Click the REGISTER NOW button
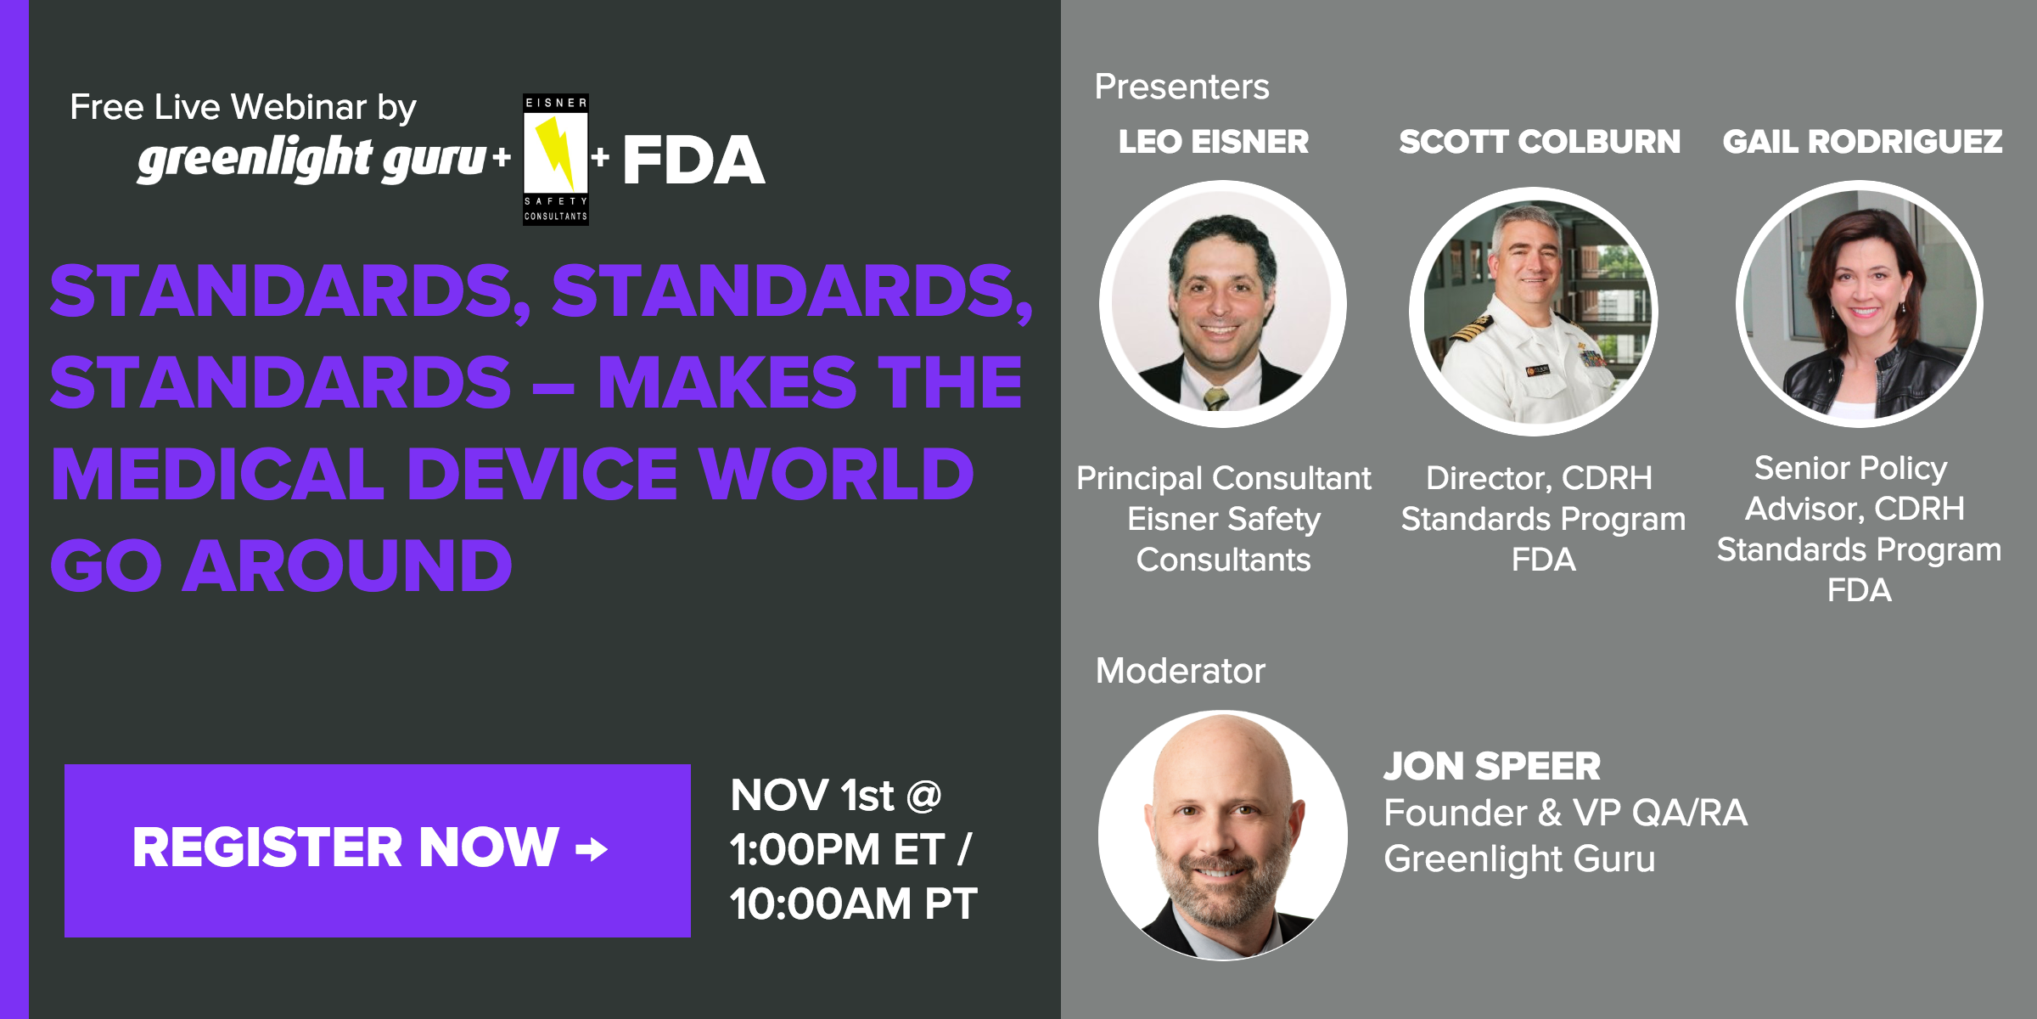point(377,850)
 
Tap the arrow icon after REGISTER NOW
point(592,848)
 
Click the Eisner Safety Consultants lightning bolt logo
point(556,159)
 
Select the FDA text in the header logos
point(693,160)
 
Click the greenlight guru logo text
point(312,159)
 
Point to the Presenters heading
point(1181,87)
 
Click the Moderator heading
point(1180,671)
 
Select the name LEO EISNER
point(1214,142)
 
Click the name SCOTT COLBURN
point(1540,142)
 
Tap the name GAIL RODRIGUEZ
point(1862,142)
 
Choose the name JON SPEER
point(1492,766)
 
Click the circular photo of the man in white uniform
point(1534,311)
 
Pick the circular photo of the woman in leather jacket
point(1859,304)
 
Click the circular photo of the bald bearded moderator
point(1222,836)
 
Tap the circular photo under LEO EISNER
point(1222,304)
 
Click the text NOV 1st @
point(836,796)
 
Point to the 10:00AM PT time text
point(853,904)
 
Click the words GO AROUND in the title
point(282,566)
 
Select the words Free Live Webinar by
point(243,108)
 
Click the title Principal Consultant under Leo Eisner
point(1223,478)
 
